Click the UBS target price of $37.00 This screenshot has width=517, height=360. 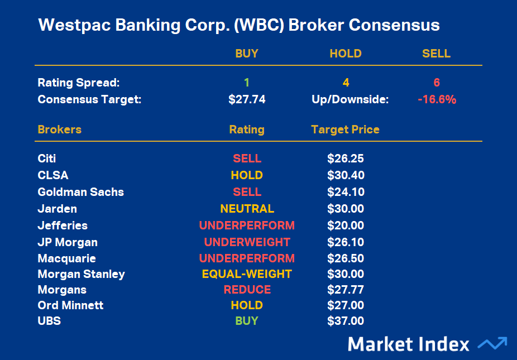click(x=346, y=321)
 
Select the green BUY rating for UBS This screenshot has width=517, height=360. click(x=247, y=321)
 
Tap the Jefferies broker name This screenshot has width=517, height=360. click(x=63, y=225)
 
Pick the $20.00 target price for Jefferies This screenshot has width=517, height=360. click(x=346, y=225)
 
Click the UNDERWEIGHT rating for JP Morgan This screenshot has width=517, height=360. click(x=247, y=242)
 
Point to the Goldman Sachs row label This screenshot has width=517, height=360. click(x=81, y=192)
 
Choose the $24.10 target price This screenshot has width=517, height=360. click(x=346, y=192)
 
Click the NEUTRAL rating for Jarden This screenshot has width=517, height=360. click(x=247, y=209)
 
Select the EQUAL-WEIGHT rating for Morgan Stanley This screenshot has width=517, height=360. click(x=247, y=274)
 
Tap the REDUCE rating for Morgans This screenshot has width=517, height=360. click(x=247, y=290)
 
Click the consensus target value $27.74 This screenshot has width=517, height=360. click(x=247, y=99)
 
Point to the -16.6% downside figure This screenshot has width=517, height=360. click(x=437, y=99)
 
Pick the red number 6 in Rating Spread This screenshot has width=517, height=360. click(x=437, y=83)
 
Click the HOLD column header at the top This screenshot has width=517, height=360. click(x=346, y=54)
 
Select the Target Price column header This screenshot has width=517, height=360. click(x=345, y=129)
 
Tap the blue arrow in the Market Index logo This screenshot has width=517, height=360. click(x=492, y=343)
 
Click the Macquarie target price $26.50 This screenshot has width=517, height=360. click(x=346, y=258)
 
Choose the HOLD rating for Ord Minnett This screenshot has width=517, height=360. click(x=247, y=305)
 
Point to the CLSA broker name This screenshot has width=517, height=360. click(x=52, y=175)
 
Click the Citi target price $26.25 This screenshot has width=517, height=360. click(x=346, y=159)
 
